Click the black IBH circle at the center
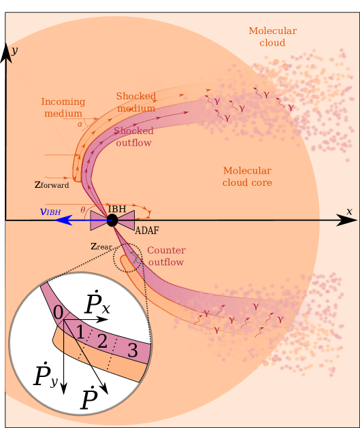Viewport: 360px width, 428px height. click(x=112, y=220)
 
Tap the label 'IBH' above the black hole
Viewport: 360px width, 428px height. click(x=117, y=208)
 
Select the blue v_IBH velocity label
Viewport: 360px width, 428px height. click(x=50, y=212)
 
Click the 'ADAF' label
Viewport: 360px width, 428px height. click(x=147, y=231)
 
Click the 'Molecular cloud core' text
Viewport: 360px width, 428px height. click(x=247, y=177)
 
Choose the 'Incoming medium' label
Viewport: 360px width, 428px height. click(x=62, y=108)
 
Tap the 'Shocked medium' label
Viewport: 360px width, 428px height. click(x=136, y=102)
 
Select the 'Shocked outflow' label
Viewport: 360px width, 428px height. click(x=133, y=137)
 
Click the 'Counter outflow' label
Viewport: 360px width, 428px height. click(x=165, y=256)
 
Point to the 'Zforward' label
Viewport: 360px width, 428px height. click(x=52, y=184)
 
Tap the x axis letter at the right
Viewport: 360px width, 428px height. click(x=349, y=212)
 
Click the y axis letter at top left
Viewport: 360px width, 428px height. click(x=14, y=50)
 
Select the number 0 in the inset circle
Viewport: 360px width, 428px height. click(x=59, y=312)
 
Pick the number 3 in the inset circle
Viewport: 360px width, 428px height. click(x=132, y=351)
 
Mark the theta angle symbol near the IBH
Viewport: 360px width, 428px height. click(x=83, y=210)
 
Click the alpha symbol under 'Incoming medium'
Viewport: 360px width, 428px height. click(x=80, y=124)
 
